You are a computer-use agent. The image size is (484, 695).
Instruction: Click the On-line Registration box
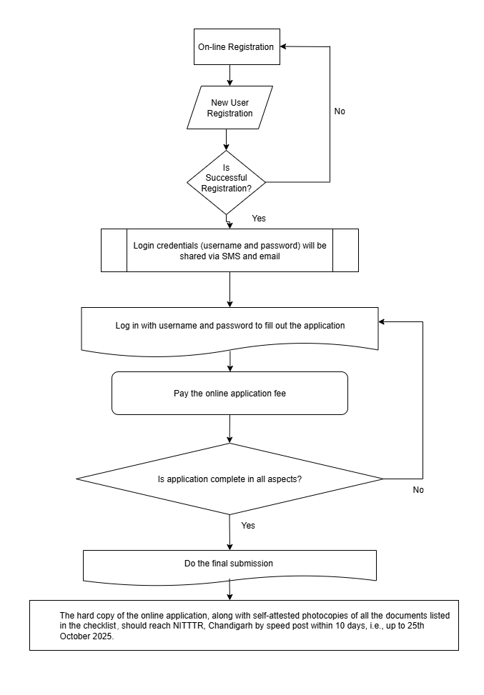237,47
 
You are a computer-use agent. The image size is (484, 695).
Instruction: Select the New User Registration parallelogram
229,108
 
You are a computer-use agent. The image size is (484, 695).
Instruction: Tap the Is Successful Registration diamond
226,182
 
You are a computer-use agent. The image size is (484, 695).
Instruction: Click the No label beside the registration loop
340,111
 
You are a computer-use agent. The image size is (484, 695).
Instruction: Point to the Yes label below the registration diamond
259,218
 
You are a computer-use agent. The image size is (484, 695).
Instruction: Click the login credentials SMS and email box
229,251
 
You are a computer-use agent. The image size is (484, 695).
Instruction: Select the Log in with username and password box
229,330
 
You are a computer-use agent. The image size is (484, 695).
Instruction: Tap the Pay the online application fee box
229,393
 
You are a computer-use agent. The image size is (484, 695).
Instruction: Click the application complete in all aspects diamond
229,479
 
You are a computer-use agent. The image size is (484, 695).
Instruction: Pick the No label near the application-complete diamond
418,490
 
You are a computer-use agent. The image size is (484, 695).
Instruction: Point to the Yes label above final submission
248,525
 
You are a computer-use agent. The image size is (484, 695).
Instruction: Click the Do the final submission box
229,566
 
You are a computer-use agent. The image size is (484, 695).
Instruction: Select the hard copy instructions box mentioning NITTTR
244,626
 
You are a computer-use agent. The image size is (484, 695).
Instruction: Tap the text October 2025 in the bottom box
87,636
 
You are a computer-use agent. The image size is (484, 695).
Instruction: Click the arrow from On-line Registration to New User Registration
229,75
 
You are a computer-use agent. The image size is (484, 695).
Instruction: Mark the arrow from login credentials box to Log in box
229,289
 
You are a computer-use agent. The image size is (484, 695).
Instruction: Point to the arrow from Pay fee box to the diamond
229,429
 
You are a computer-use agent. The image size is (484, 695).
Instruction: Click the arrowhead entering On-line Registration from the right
283,46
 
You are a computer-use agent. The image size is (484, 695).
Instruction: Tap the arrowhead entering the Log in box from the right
382,322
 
